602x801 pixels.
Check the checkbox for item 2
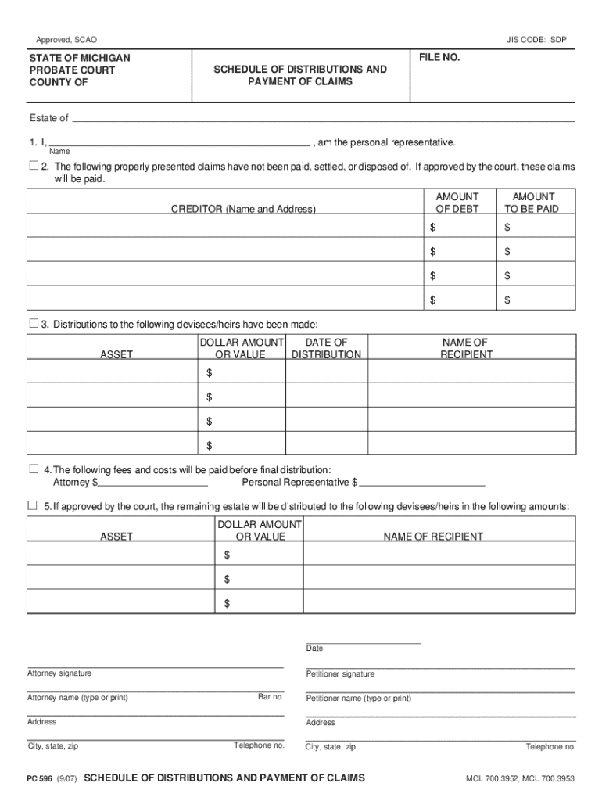click(34, 166)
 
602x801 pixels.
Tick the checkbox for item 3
click(34, 323)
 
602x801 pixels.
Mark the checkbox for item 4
click(34, 469)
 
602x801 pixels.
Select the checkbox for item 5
click(34, 505)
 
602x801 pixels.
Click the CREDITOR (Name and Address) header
click(243, 209)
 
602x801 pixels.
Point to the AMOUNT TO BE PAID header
click(532, 203)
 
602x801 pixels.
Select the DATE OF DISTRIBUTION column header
click(326, 348)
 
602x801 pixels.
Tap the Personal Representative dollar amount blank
click(422, 483)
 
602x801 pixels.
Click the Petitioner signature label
click(340, 674)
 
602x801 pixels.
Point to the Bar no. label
click(271, 697)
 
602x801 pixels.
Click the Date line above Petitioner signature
click(364, 641)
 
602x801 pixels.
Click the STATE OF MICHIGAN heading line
click(80, 59)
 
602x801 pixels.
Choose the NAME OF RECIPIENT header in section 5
click(432, 537)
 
